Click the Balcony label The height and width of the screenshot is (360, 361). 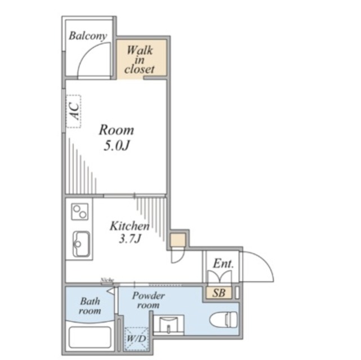click(88, 36)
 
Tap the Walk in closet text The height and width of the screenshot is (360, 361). click(140, 60)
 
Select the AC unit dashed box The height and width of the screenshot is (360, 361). click(73, 111)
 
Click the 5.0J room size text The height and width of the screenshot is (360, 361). click(117, 146)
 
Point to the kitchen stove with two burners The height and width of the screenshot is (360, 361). click(79, 211)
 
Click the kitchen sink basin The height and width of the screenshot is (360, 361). click(81, 244)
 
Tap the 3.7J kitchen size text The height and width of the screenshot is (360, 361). click(130, 239)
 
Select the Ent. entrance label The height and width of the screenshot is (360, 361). click(223, 264)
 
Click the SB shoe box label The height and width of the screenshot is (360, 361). click(219, 293)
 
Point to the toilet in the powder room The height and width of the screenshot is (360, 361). click(223, 318)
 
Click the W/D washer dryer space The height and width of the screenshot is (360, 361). click(136, 339)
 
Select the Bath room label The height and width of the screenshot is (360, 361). click(90, 306)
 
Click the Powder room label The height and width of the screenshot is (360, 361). click(149, 300)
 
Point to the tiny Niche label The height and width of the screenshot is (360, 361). click(108, 280)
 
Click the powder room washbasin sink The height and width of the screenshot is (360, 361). click(168, 324)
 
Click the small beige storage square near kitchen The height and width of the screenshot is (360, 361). click(178, 240)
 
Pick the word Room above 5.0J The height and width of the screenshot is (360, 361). click(117, 130)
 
